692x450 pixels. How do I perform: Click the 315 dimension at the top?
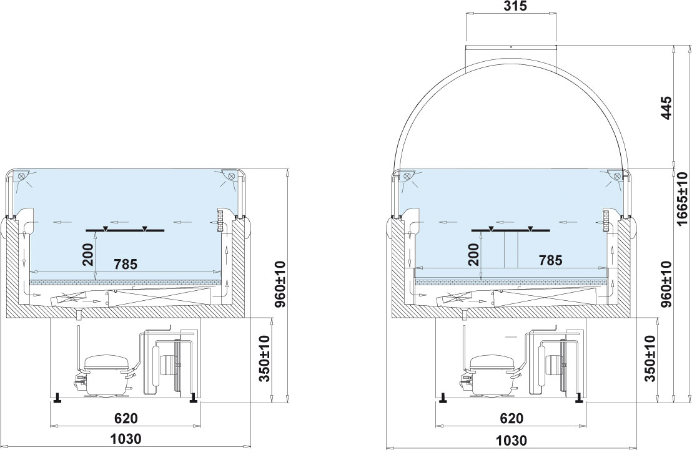click(514, 7)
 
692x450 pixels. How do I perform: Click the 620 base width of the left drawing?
click(126, 418)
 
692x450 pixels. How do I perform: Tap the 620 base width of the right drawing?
click(512, 418)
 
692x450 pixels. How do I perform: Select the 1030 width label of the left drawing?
click(126, 439)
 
